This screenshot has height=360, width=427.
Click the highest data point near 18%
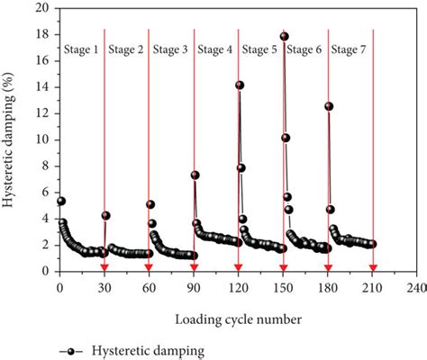(284, 37)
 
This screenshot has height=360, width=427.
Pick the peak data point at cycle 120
(240, 85)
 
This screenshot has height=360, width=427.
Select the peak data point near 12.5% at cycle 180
(329, 106)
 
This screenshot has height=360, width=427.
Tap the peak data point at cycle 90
(195, 175)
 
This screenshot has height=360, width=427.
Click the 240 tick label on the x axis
(417, 288)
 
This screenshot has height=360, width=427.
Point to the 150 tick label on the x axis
(284, 288)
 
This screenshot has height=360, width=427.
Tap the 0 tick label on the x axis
(59, 288)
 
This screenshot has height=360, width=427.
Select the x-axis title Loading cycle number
(238, 318)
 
